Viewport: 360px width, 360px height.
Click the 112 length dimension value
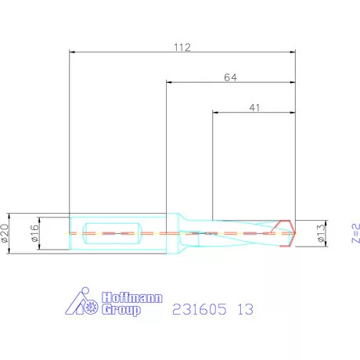182,47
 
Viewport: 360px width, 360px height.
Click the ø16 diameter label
34,232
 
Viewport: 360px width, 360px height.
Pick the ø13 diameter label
319,233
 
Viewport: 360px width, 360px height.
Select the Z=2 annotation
353,233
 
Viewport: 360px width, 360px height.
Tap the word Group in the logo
122,311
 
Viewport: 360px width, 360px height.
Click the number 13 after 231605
245,311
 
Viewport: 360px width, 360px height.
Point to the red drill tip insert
287,233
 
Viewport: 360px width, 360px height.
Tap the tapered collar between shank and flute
180,233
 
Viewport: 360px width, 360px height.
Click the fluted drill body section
235,233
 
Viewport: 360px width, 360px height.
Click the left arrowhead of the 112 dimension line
72,52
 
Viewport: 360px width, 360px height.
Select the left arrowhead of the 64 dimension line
167,82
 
